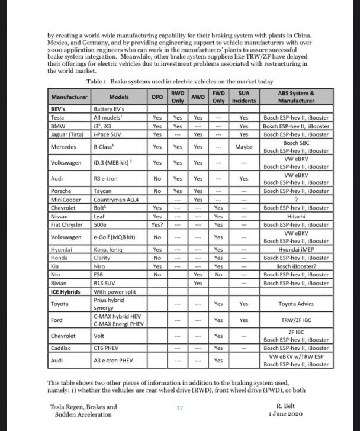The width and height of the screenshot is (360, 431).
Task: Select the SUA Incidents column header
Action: point(243,96)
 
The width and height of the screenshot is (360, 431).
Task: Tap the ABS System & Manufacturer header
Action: point(296,96)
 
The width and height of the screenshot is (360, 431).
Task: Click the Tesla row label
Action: point(57,117)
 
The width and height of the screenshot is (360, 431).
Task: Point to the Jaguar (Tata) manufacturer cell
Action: point(67,134)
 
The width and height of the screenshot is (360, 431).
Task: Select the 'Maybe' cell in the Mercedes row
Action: point(243,146)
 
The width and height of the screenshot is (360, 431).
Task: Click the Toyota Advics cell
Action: point(296,304)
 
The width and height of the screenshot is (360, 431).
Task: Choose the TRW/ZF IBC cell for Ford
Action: point(296,320)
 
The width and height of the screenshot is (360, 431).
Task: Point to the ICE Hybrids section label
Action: point(66,291)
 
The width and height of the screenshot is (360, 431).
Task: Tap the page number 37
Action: point(181,408)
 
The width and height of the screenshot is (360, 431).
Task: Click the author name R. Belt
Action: point(287,407)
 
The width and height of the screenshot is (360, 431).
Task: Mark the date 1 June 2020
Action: point(287,415)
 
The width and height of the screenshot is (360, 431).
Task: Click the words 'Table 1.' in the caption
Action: point(98,81)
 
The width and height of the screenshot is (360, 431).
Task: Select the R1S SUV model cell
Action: point(104,283)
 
